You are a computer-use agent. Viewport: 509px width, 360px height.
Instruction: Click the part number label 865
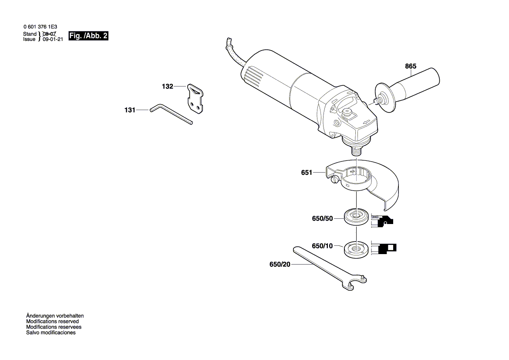click(411, 66)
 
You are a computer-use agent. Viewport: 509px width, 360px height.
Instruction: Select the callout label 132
click(168, 87)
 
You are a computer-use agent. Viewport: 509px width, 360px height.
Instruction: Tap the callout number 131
click(130, 110)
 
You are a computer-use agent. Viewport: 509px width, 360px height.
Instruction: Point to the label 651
click(307, 173)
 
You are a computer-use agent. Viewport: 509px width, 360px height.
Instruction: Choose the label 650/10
click(322, 246)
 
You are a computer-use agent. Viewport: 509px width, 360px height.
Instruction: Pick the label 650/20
click(280, 265)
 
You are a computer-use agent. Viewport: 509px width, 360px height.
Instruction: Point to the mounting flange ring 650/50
click(356, 217)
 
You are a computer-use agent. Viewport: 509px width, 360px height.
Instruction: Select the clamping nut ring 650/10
click(356, 248)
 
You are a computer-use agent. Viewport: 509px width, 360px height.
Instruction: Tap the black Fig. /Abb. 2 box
click(88, 36)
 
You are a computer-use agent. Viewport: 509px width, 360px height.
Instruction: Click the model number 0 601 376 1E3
click(40, 27)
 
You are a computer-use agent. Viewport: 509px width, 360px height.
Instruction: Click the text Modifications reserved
click(52, 321)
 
